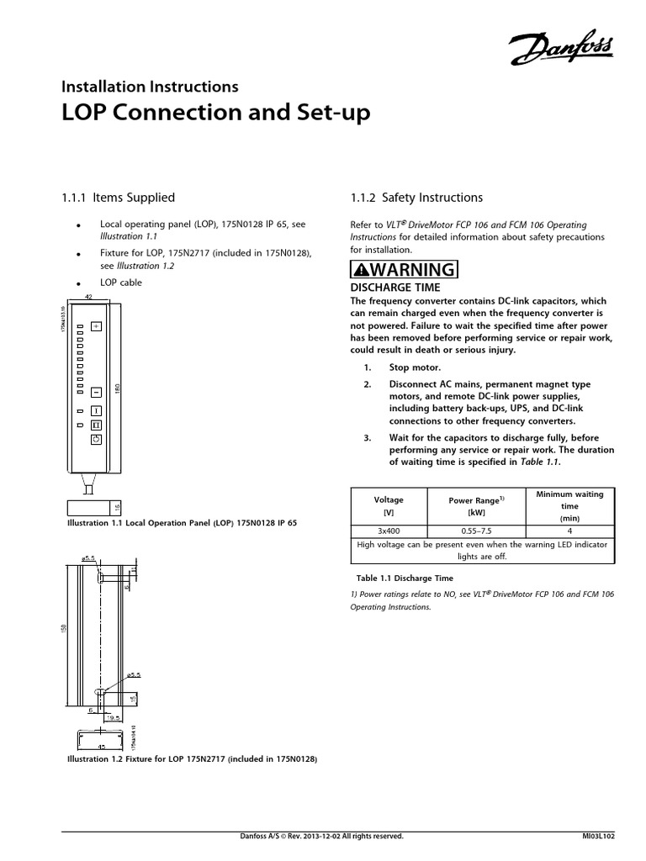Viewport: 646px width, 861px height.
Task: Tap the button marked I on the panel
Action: (x=96, y=410)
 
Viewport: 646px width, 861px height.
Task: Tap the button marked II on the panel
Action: (x=96, y=425)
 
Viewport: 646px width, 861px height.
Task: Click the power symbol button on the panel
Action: (x=96, y=440)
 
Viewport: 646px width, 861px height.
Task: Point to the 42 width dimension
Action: (x=88, y=298)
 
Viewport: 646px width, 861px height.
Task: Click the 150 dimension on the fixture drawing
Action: (x=62, y=630)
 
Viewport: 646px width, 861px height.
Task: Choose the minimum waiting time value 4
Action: (x=569, y=531)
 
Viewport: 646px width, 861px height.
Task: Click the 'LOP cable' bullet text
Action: (x=121, y=283)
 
